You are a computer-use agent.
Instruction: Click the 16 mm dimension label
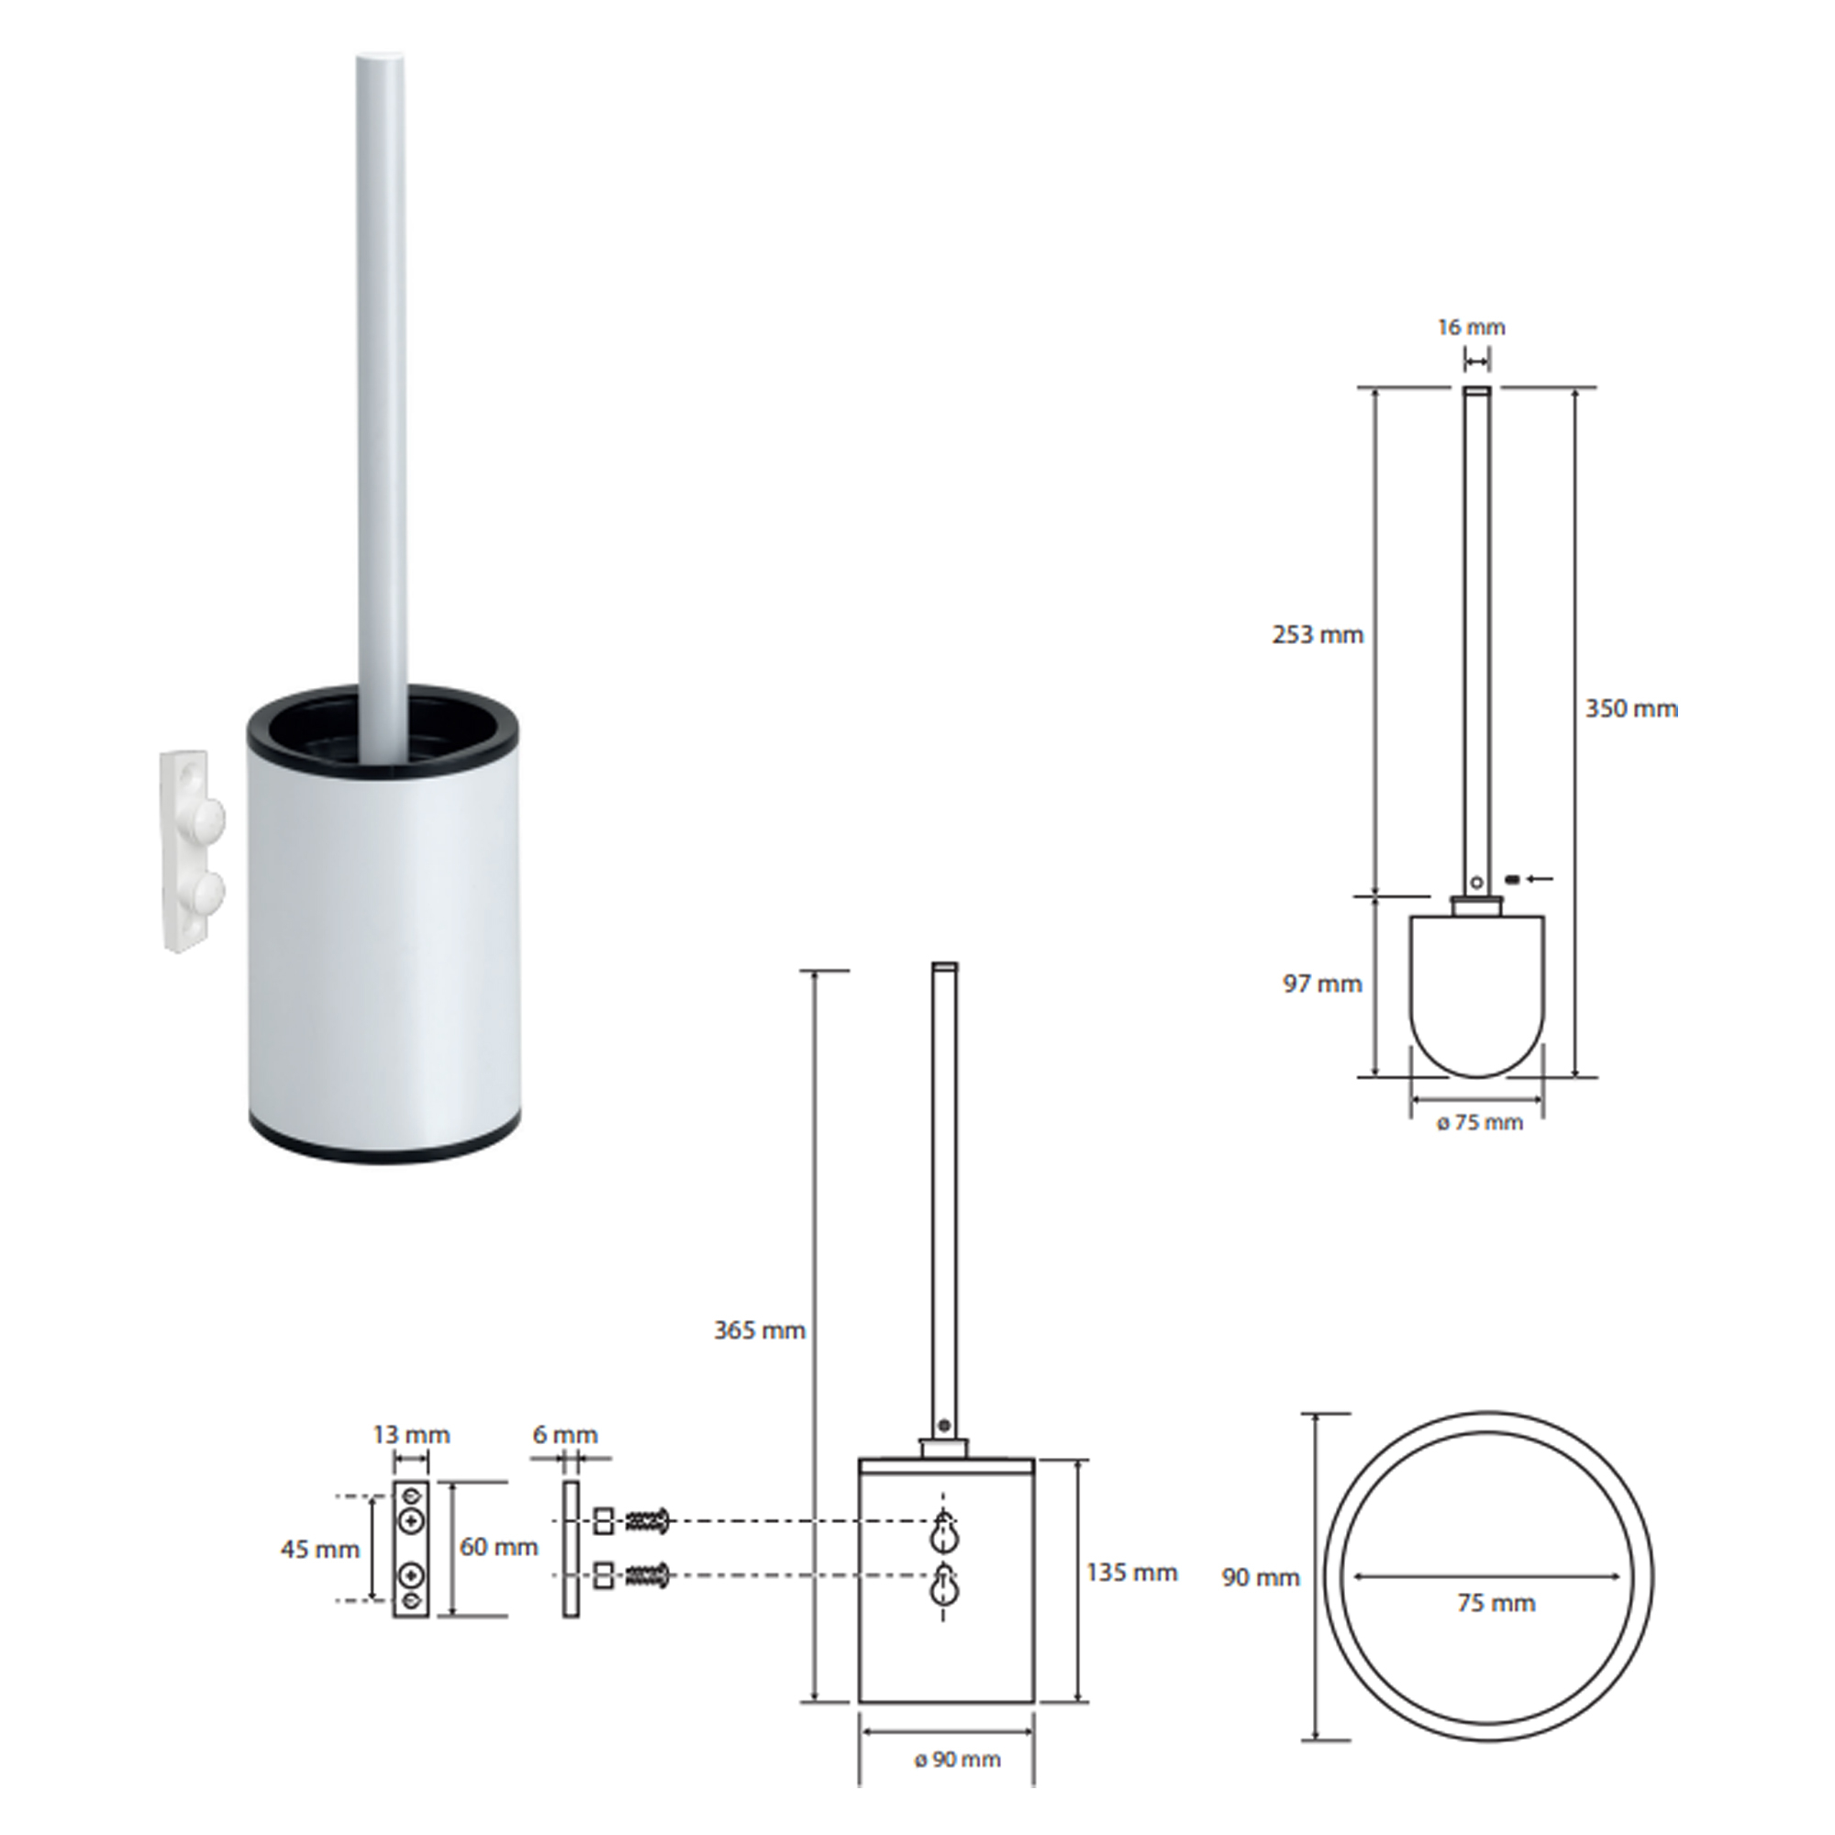coord(1472,328)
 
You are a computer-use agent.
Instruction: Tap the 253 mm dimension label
coord(1318,635)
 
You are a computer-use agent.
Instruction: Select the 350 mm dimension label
coord(1631,708)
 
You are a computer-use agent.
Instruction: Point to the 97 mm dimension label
coord(1322,984)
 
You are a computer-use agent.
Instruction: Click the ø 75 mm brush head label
coord(1480,1123)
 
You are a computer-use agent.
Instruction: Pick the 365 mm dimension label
coord(760,1330)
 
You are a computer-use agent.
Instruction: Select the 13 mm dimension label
coord(411,1434)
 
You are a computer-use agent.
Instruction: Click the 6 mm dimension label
coord(565,1434)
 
